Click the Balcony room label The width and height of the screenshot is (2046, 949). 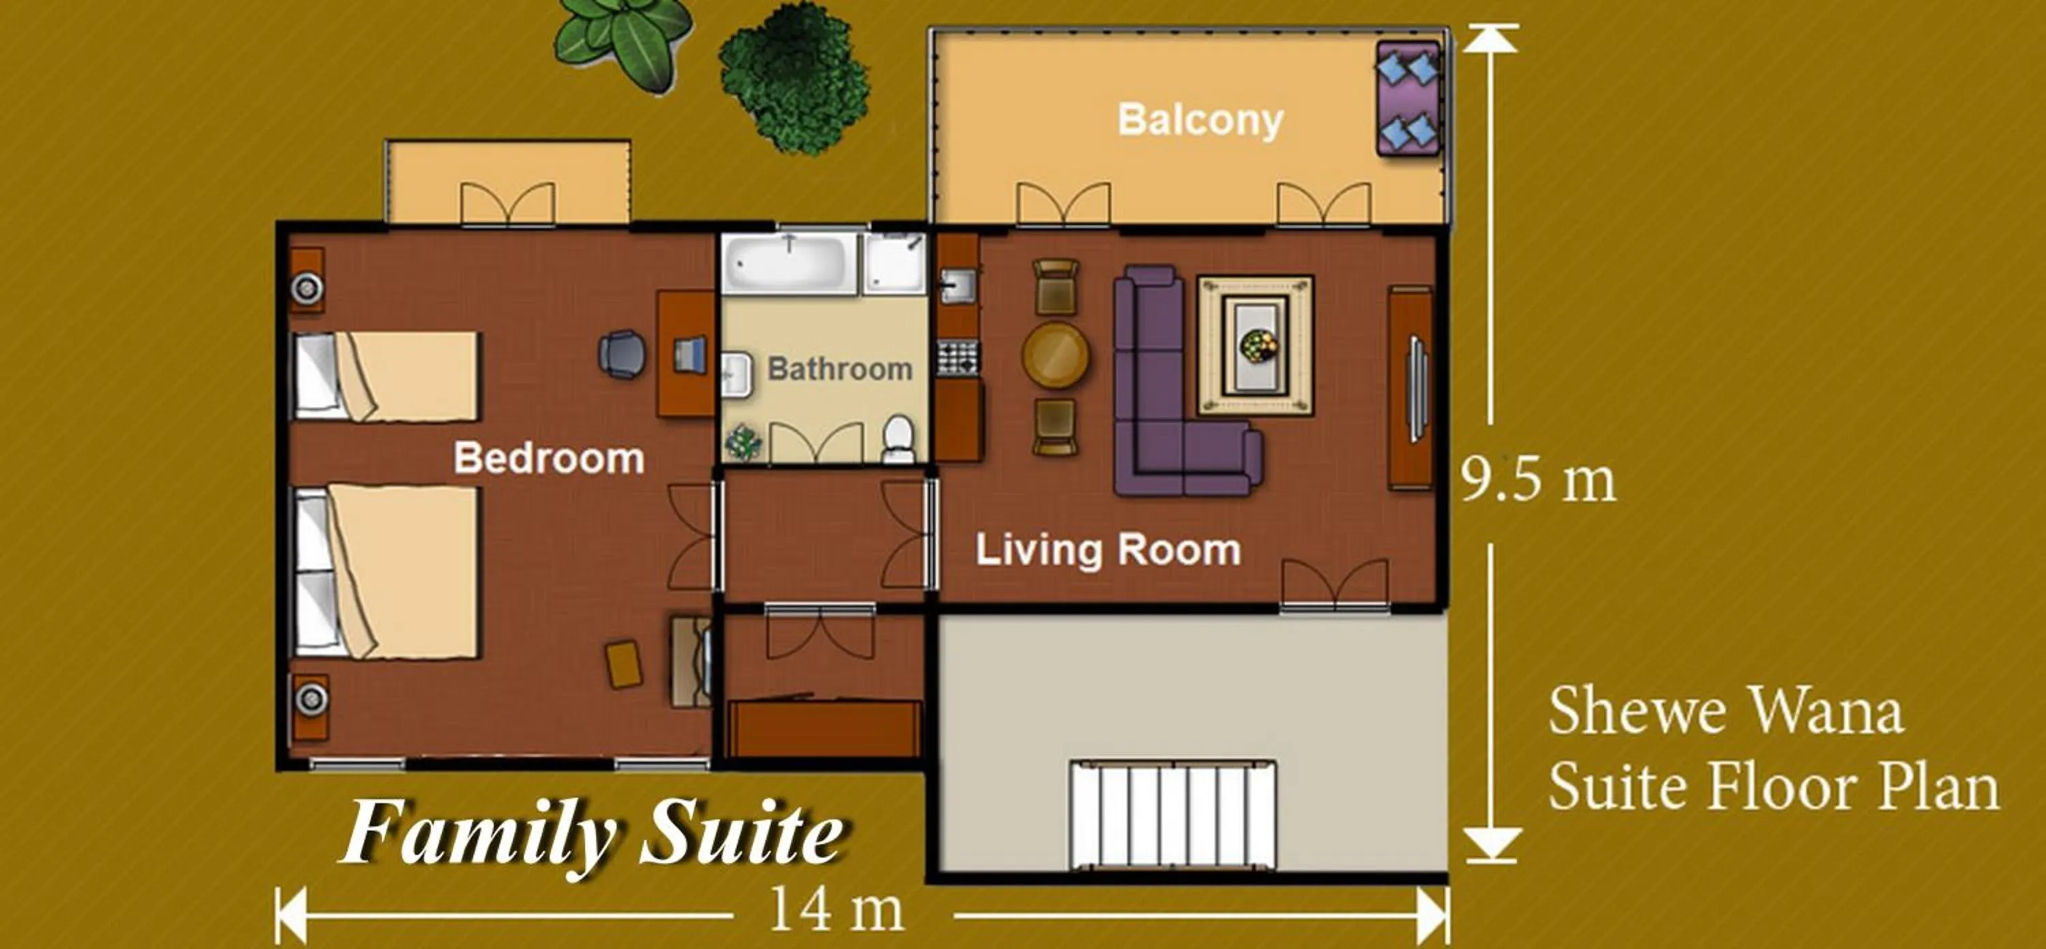coord(1200,120)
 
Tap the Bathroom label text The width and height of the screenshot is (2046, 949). coord(840,370)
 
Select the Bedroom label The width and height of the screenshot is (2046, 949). coord(548,458)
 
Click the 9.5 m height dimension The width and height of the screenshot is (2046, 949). coord(1539,481)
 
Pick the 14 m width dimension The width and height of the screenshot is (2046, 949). coord(836,910)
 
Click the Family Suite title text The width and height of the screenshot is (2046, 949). coord(593,833)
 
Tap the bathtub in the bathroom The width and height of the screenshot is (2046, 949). coord(788,263)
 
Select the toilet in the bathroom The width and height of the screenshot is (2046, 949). coord(898,439)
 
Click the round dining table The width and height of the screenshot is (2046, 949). coord(1056,355)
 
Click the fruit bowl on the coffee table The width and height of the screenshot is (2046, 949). coord(1258,346)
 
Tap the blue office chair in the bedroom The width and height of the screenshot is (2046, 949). coord(621,355)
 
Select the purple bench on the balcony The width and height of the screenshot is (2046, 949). coord(1408,97)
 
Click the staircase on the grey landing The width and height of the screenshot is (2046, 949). coord(1172,815)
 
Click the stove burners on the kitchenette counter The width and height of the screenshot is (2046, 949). coord(958,357)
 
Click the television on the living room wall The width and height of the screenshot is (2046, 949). coord(1416,389)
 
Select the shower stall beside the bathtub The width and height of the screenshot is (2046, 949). coord(895,263)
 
